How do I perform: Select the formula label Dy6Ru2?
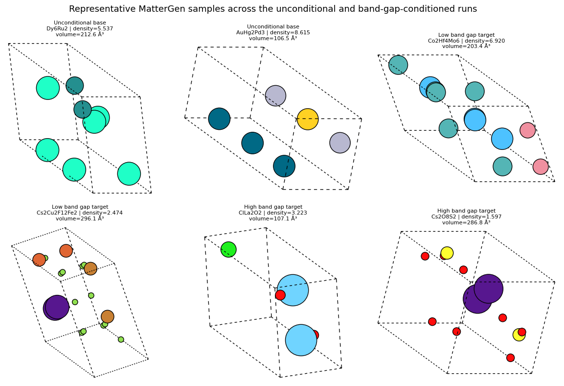(x=59, y=29)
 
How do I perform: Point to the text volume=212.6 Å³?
(x=80, y=35)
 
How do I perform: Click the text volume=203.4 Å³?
(x=466, y=47)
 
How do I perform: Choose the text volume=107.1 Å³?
(x=273, y=218)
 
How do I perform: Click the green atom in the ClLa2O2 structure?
(x=228, y=249)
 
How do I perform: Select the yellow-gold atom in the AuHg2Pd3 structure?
(x=308, y=119)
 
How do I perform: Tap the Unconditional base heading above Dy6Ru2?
(x=80, y=23)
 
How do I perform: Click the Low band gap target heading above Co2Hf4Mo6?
(x=466, y=35)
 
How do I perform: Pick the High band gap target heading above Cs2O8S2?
(x=466, y=211)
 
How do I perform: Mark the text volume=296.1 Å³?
(x=80, y=218)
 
